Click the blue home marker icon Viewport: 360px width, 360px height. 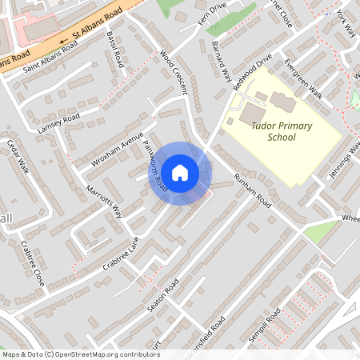tap(180, 173)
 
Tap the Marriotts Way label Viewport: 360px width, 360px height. tap(106, 201)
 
